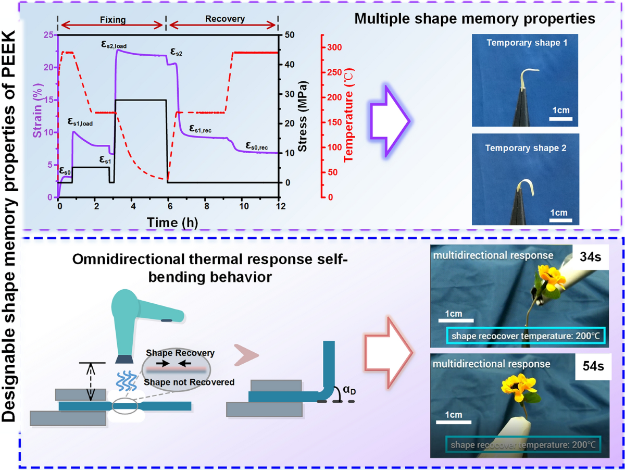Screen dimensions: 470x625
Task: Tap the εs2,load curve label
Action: [114, 45]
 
